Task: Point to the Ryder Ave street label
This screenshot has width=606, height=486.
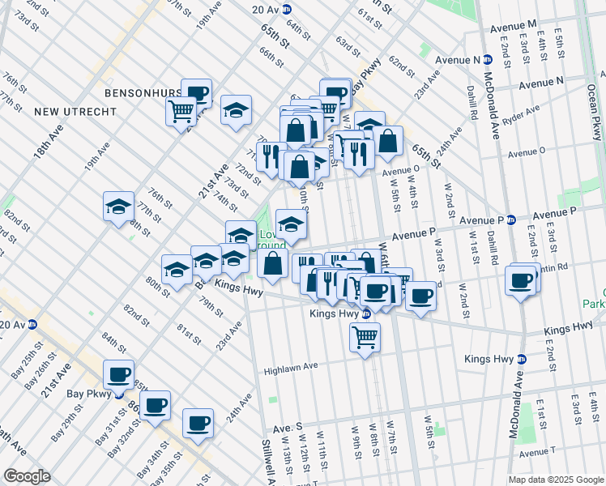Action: coord(522,109)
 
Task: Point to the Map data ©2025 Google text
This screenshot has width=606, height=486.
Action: coord(556,480)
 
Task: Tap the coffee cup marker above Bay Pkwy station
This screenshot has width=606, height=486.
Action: coord(119,373)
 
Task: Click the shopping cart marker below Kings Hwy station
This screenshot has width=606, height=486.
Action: coord(365,335)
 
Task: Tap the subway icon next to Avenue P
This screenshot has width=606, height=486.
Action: coord(511,220)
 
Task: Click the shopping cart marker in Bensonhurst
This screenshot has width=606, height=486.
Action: coord(181,109)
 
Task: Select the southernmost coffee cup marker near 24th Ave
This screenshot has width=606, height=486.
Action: coord(198,422)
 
